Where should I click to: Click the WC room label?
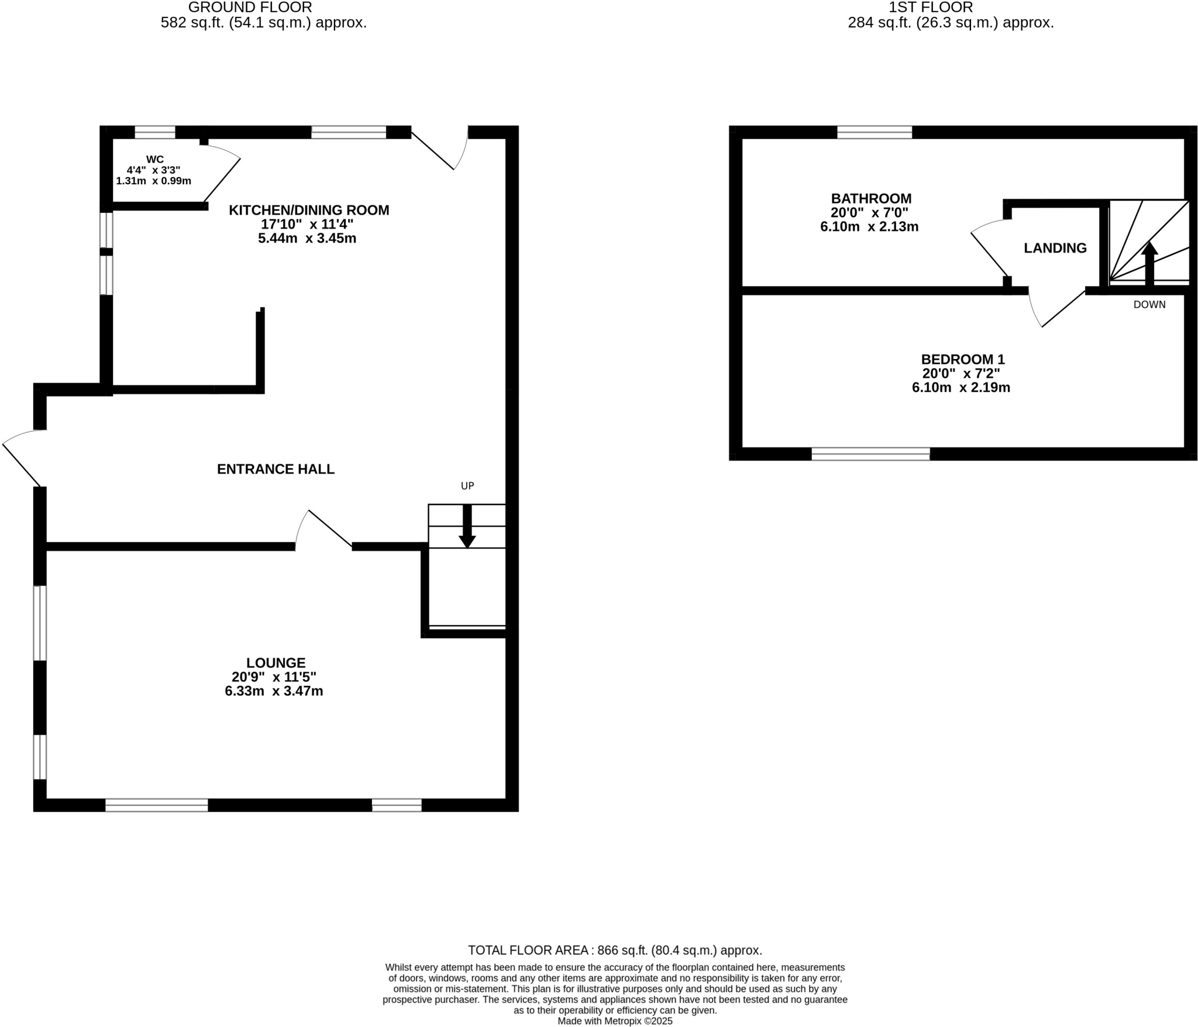pos(155,159)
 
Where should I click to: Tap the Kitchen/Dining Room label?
pos(308,210)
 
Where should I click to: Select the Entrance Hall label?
pos(276,469)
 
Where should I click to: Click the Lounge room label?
pos(276,663)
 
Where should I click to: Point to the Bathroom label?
pos(871,198)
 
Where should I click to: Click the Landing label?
pos(1055,248)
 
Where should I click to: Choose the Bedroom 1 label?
pos(962,359)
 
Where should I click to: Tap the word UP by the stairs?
pos(467,485)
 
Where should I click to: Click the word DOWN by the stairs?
pos(1149,305)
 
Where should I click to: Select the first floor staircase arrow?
pos(1149,263)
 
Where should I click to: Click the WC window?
pos(155,132)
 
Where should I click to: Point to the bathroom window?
pos(874,132)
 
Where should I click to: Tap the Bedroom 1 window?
pos(870,454)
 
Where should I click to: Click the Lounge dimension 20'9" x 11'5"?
pos(274,677)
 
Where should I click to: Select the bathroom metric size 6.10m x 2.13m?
pos(869,227)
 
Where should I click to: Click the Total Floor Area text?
pos(615,950)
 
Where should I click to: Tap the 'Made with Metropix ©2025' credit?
pos(615,1021)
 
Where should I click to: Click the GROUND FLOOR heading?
pos(250,8)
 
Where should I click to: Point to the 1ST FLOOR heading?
pos(931,8)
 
